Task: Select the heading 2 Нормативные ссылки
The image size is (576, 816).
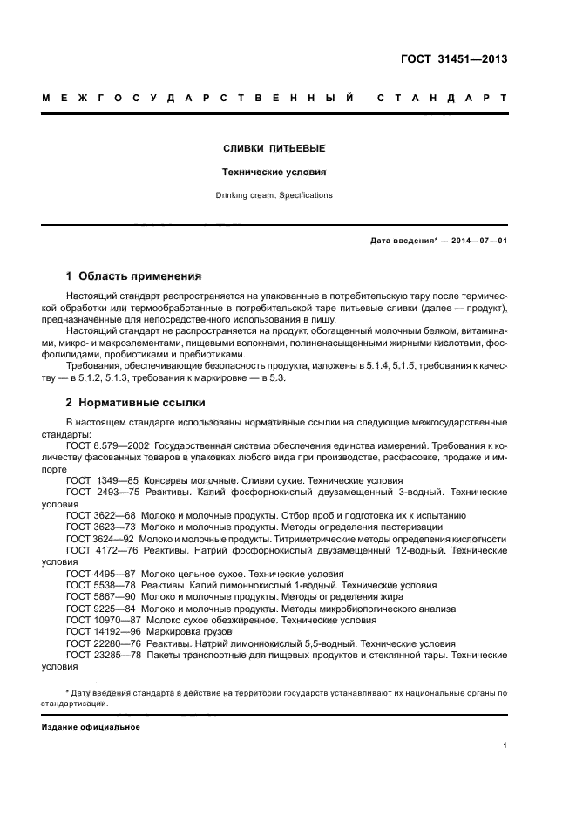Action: click(x=136, y=404)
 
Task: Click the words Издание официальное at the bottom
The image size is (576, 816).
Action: click(x=91, y=727)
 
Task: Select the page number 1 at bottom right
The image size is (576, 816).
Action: click(x=505, y=745)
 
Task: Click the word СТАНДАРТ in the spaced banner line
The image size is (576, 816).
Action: click(x=442, y=98)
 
